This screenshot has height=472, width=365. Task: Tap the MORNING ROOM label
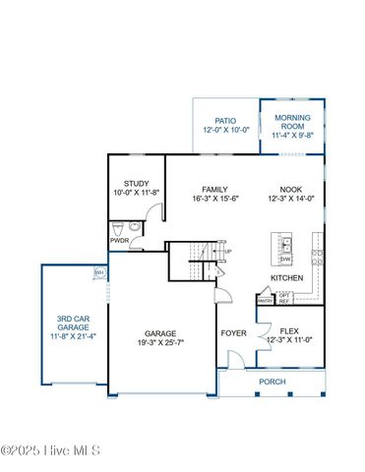pos(292,123)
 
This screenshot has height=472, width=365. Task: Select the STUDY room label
pos(135,184)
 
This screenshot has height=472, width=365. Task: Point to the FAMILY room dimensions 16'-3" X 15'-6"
pos(215,199)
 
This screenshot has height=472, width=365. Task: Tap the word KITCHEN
pos(287,278)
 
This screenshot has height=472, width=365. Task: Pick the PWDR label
pos(119,239)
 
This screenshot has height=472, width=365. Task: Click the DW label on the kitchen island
pos(285,258)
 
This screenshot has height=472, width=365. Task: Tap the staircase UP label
pos(228,253)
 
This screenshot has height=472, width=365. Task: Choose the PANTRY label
pos(265,301)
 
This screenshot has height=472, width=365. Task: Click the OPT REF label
pos(284,298)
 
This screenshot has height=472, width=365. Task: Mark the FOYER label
pos(233,332)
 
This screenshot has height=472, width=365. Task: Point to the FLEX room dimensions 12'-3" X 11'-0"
pos(288,340)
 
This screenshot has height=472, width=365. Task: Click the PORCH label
pos(273,382)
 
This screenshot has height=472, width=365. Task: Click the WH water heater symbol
pos(98,272)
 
